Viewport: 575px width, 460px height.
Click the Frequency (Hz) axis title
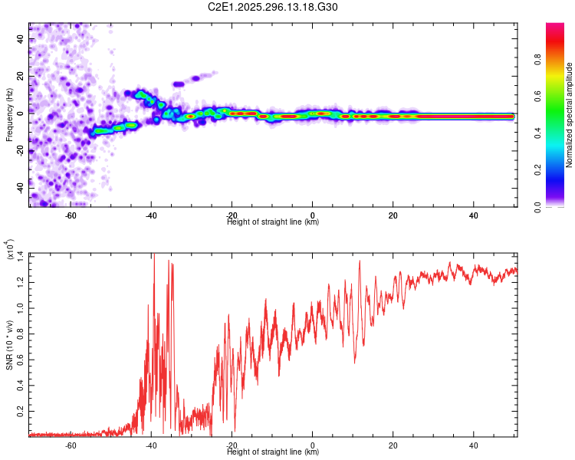(9, 115)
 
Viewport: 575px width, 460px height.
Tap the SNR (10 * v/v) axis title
(9, 344)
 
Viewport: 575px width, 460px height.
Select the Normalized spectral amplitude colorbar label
(569, 115)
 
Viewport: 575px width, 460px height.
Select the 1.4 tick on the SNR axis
(21, 255)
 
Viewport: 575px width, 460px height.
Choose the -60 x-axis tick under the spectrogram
(70, 215)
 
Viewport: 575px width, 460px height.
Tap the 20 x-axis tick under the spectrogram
(393, 215)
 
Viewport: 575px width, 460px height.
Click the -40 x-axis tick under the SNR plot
(150, 445)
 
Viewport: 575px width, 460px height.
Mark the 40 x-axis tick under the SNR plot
(473, 445)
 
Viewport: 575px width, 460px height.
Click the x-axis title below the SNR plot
(273, 452)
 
